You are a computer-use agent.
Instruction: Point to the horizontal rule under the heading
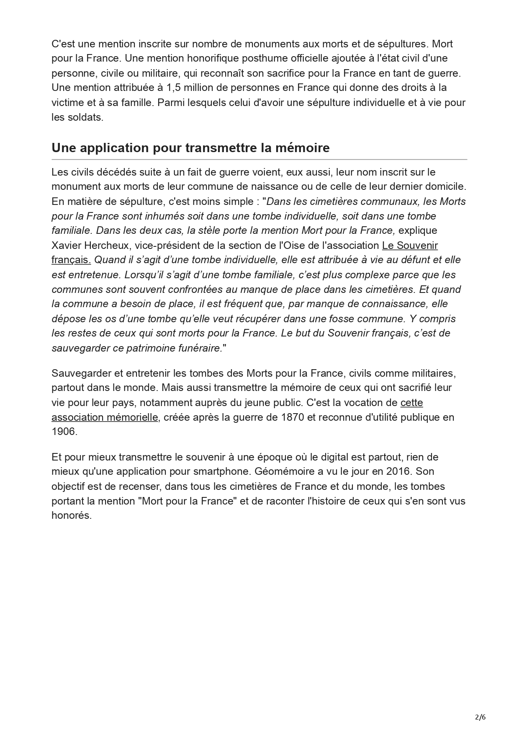259,160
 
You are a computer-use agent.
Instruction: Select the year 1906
64,432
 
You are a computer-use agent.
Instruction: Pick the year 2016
399,471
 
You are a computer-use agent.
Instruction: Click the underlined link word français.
71,260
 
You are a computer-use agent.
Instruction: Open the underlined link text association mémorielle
105,417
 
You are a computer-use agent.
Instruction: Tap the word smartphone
222,471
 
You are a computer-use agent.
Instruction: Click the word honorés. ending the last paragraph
71,516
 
